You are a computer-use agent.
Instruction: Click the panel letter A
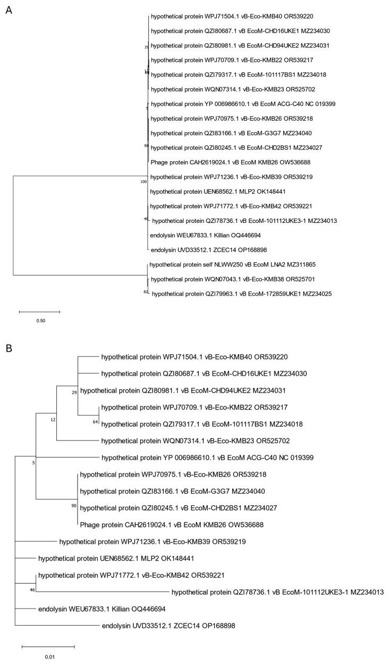(8, 10)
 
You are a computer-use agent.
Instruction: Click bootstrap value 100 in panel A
(143, 182)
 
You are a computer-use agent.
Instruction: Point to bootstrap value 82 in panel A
(146, 292)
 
